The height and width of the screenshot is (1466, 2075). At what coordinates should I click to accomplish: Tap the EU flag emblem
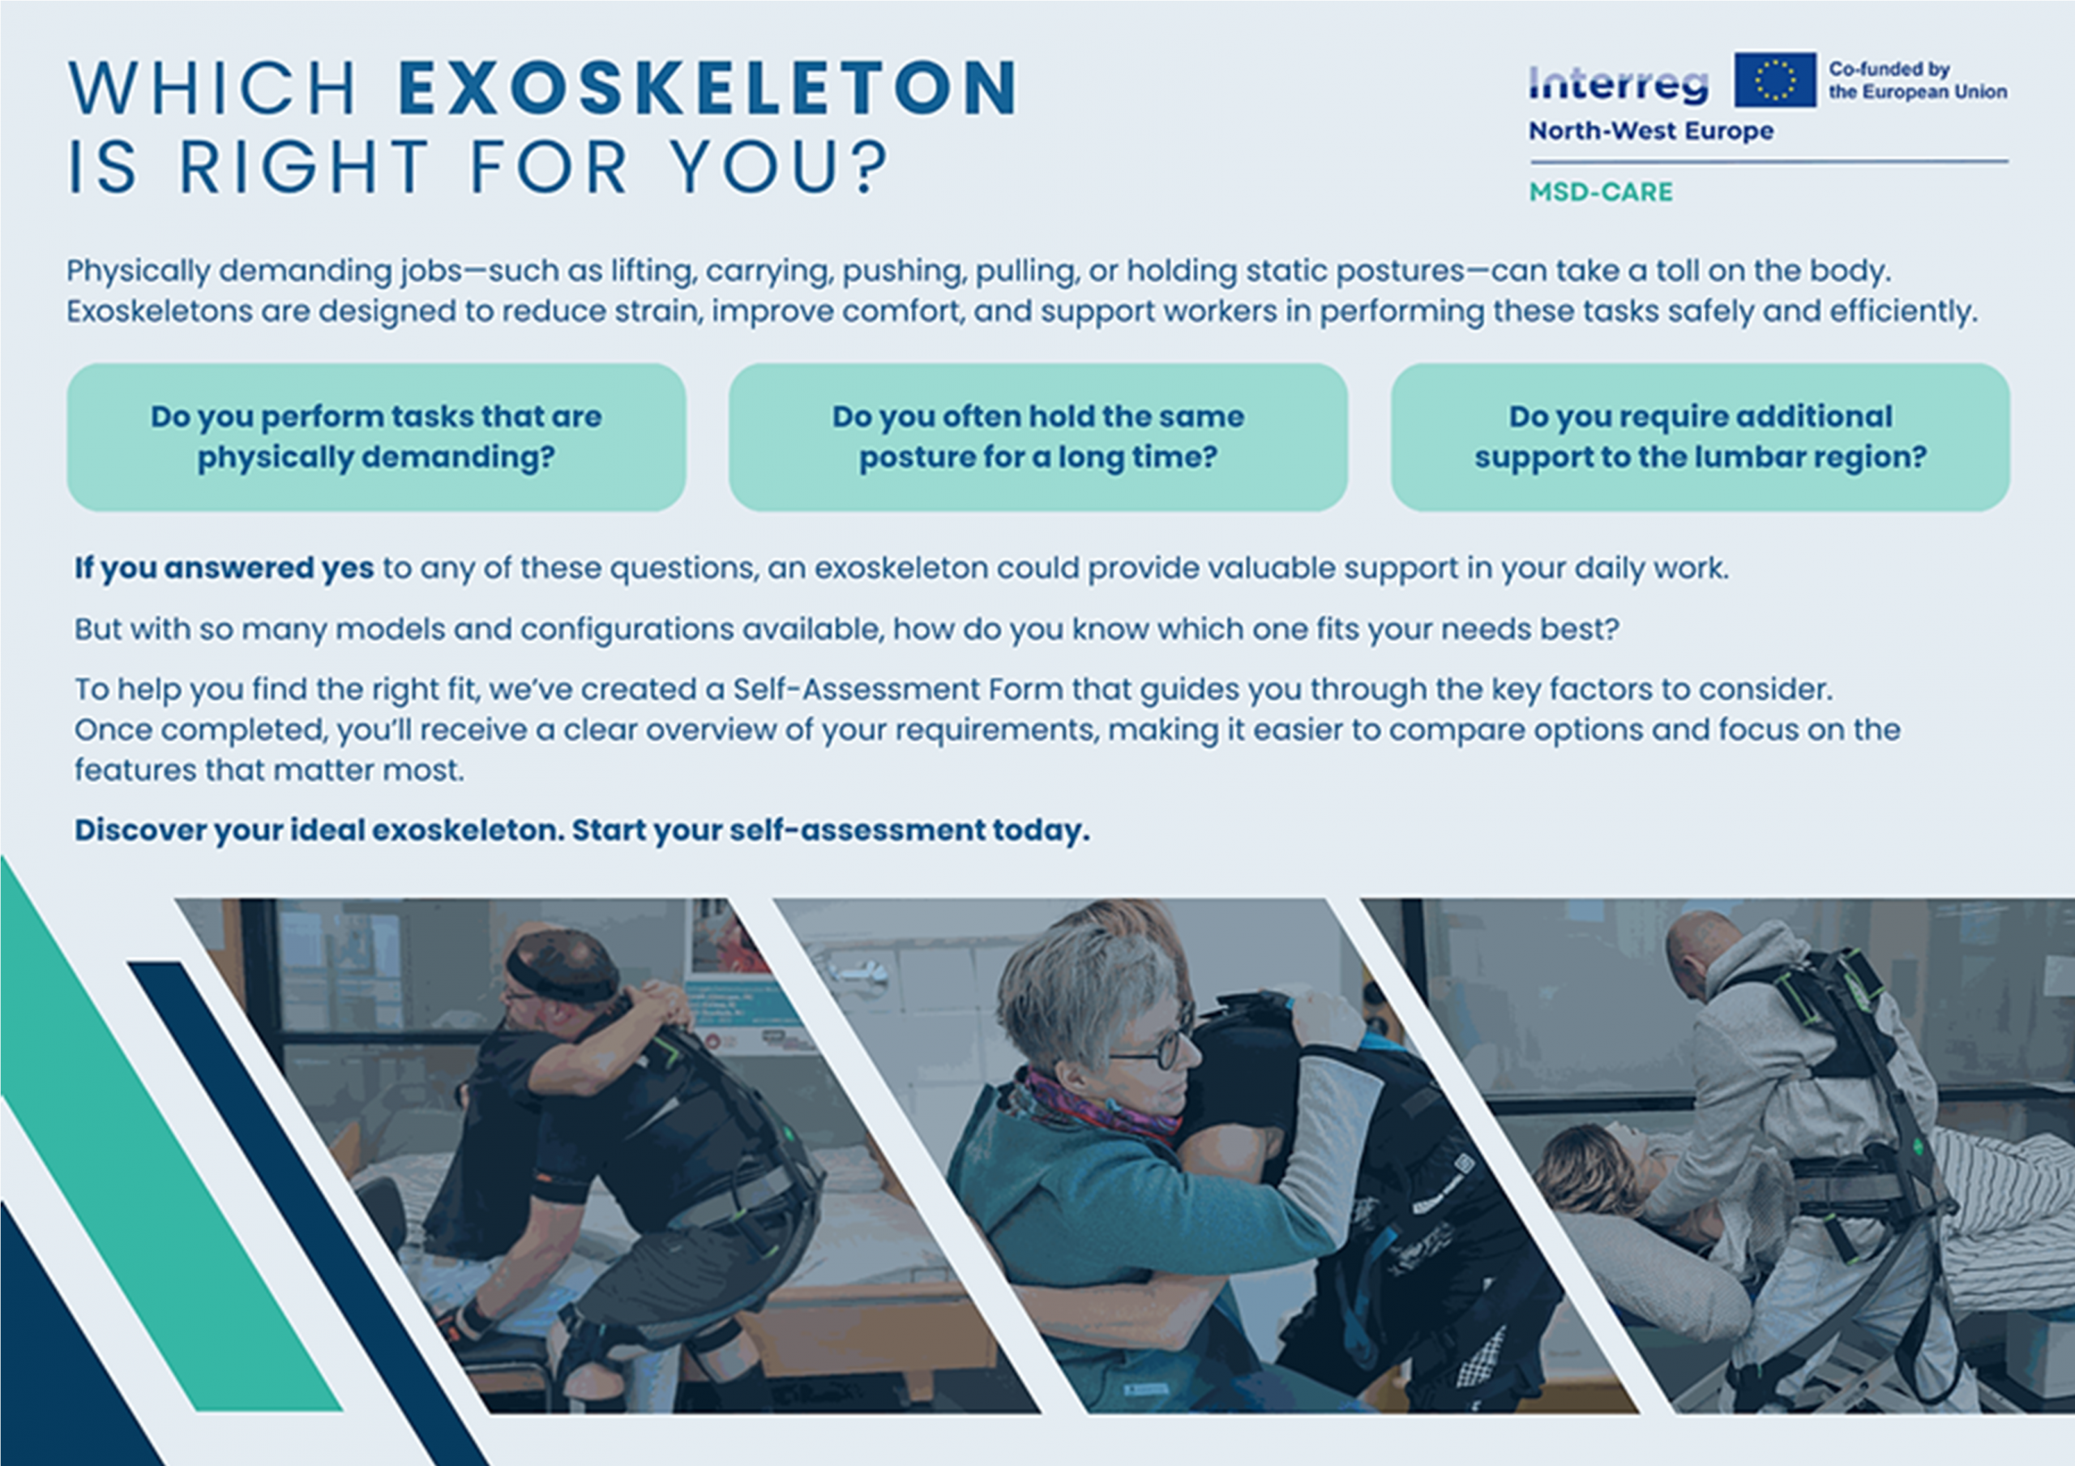1775,79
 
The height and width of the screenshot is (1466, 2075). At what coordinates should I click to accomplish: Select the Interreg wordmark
1619,85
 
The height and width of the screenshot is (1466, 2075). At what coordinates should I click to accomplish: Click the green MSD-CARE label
1601,191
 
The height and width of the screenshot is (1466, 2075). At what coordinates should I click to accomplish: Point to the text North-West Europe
1651,131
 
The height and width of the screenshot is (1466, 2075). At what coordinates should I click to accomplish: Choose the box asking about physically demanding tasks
376,438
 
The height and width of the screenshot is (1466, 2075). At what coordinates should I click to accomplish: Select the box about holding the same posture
1038,438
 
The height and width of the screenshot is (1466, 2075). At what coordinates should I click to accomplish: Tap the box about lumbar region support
1700,438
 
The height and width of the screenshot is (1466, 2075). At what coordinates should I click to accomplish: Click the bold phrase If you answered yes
225,568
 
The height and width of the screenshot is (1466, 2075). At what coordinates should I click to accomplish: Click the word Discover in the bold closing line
140,829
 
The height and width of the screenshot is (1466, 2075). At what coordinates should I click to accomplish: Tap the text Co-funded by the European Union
1918,80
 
